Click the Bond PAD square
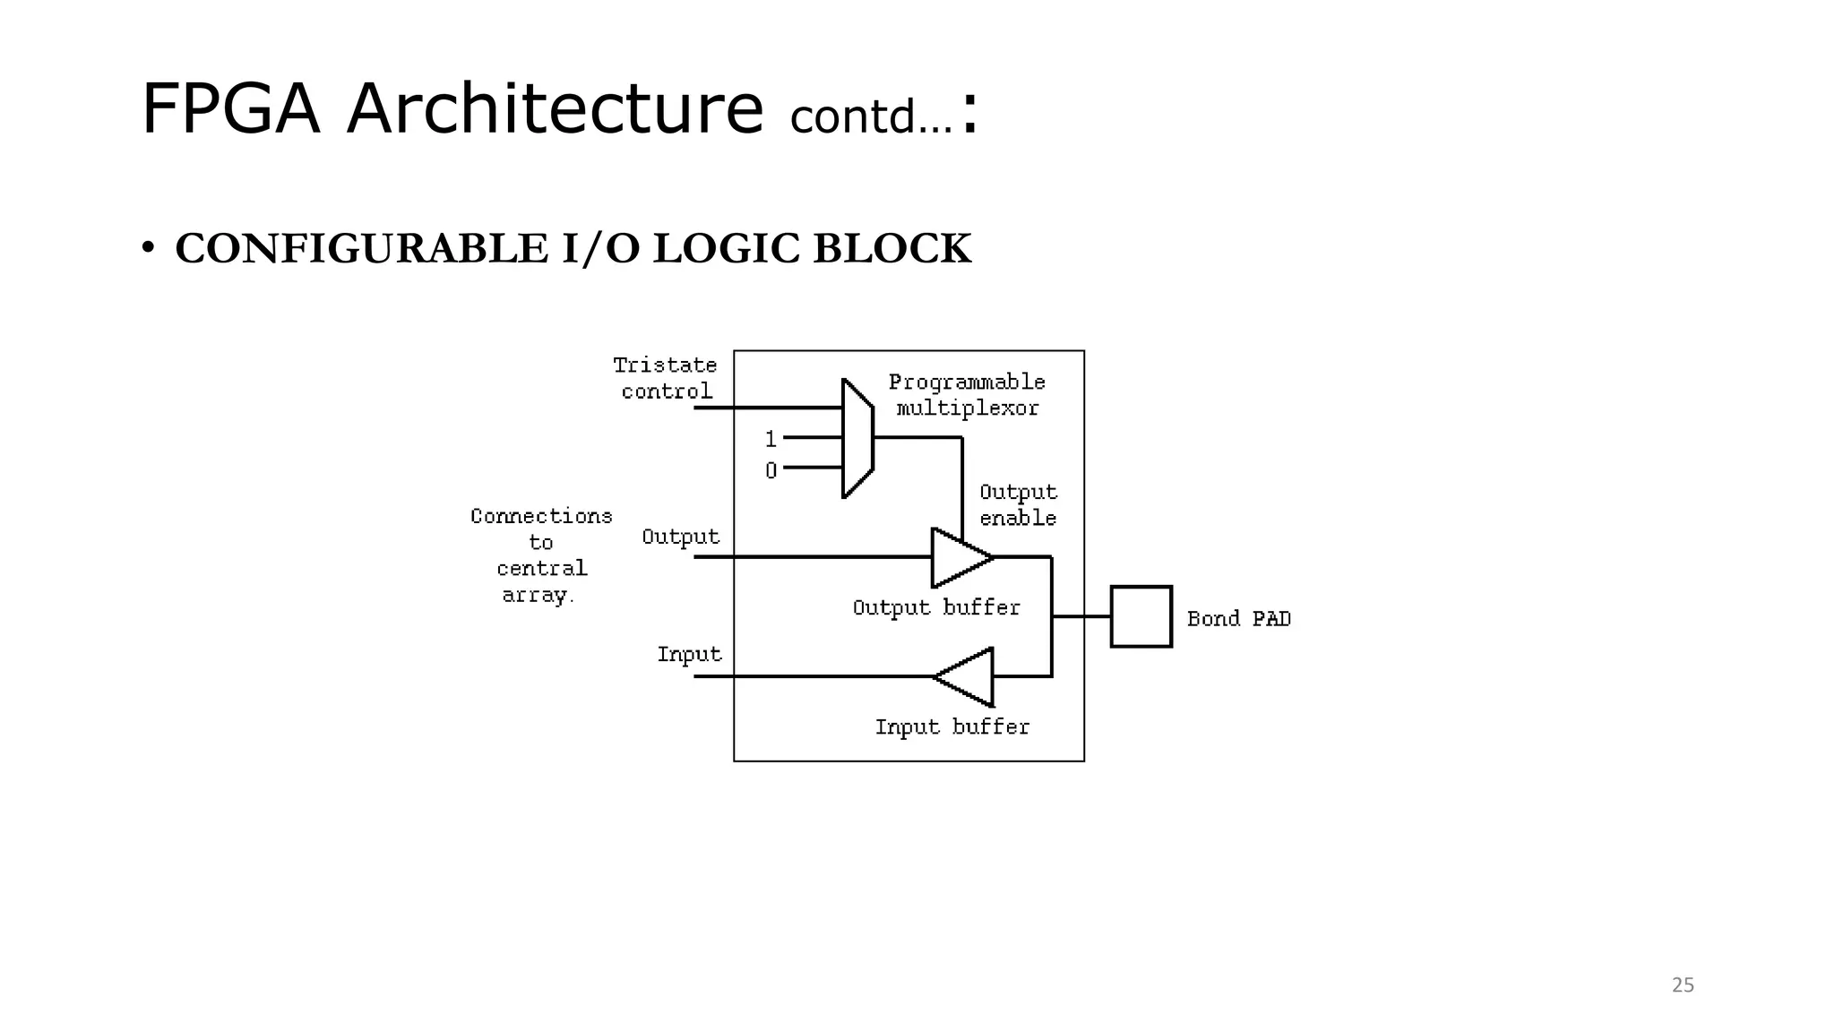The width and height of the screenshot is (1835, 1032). click(1141, 616)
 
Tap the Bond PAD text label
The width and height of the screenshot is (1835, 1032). click(1238, 619)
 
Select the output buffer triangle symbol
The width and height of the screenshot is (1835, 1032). click(960, 557)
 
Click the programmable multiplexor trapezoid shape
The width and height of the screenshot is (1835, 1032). click(857, 438)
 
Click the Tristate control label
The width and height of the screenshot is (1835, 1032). click(666, 378)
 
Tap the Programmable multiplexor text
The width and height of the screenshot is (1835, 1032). click(967, 395)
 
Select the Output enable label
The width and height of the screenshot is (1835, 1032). click(1018, 505)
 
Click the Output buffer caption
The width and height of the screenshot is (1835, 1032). click(936, 607)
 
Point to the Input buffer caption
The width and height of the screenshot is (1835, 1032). click(952, 727)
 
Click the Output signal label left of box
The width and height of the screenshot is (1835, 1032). click(680, 537)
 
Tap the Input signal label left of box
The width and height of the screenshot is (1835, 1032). click(689, 654)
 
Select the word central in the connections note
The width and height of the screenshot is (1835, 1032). click(542, 569)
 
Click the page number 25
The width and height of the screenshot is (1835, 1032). click(1683, 985)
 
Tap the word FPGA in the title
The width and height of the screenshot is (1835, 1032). click(230, 109)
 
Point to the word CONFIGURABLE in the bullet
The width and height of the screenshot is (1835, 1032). click(361, 249)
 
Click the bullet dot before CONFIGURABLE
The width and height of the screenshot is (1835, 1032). click(148, 248)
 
